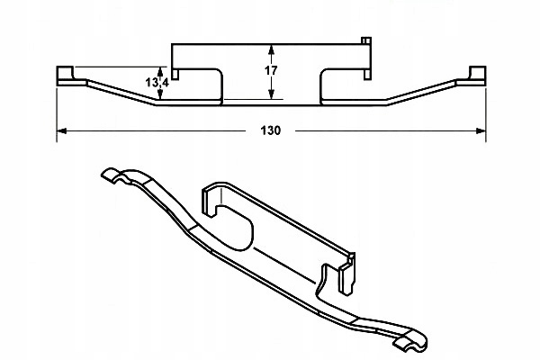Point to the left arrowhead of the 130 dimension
61,131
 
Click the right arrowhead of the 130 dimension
481,131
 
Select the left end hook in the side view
65,75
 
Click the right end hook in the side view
477,75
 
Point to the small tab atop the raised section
364,41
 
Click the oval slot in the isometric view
236,226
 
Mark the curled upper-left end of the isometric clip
113,176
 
